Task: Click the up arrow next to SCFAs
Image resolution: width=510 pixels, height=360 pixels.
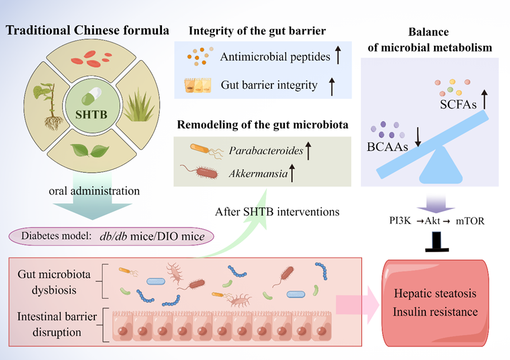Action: pos(486,100)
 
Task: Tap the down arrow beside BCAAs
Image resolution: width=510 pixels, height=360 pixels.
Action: pos(418,135)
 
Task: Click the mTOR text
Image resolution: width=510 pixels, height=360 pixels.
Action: pos(476,220)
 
